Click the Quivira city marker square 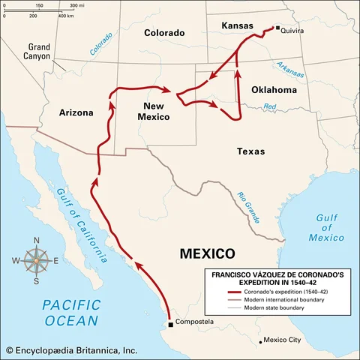pyautogui.click(x=277, y=28)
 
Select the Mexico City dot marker pyautogui.click(x=262, y=340)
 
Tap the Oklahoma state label pyautogui.click(x=274, y=89)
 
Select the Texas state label pyautogui.click(x=250, y=151)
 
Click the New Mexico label pyautogui.click(x=151, y=111)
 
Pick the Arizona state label pyautogui.click(x=76, y=112)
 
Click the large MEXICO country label pyautogui.click(x=208, y=253)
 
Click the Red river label pyautogui.click(x=270, y=106)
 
